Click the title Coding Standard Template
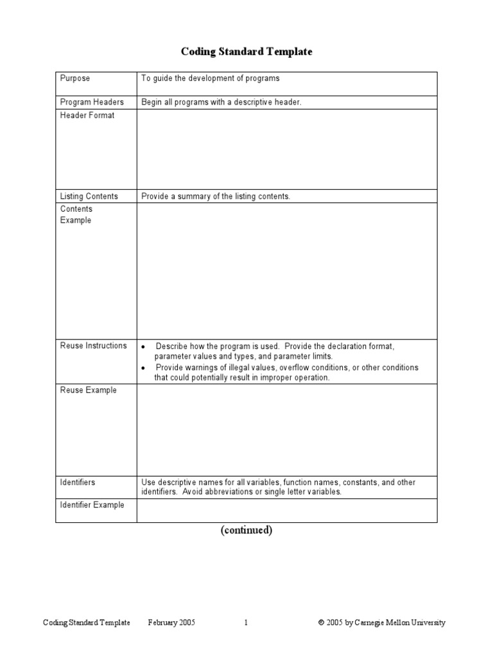[246, 52]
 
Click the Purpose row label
[75, 78]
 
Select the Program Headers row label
[92, 102]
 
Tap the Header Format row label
[87, 115]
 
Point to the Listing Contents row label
[89, 196]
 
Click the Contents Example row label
[76, 215]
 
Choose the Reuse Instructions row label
[94, 346]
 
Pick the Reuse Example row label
[89, 390]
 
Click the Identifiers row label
[78, 482]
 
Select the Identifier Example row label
[92, 505]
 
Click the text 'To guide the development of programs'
[211, 78]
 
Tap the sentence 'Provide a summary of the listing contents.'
[216, 196]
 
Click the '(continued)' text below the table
[246, 530]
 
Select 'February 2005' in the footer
[171, 622]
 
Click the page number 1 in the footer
[246, 622]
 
